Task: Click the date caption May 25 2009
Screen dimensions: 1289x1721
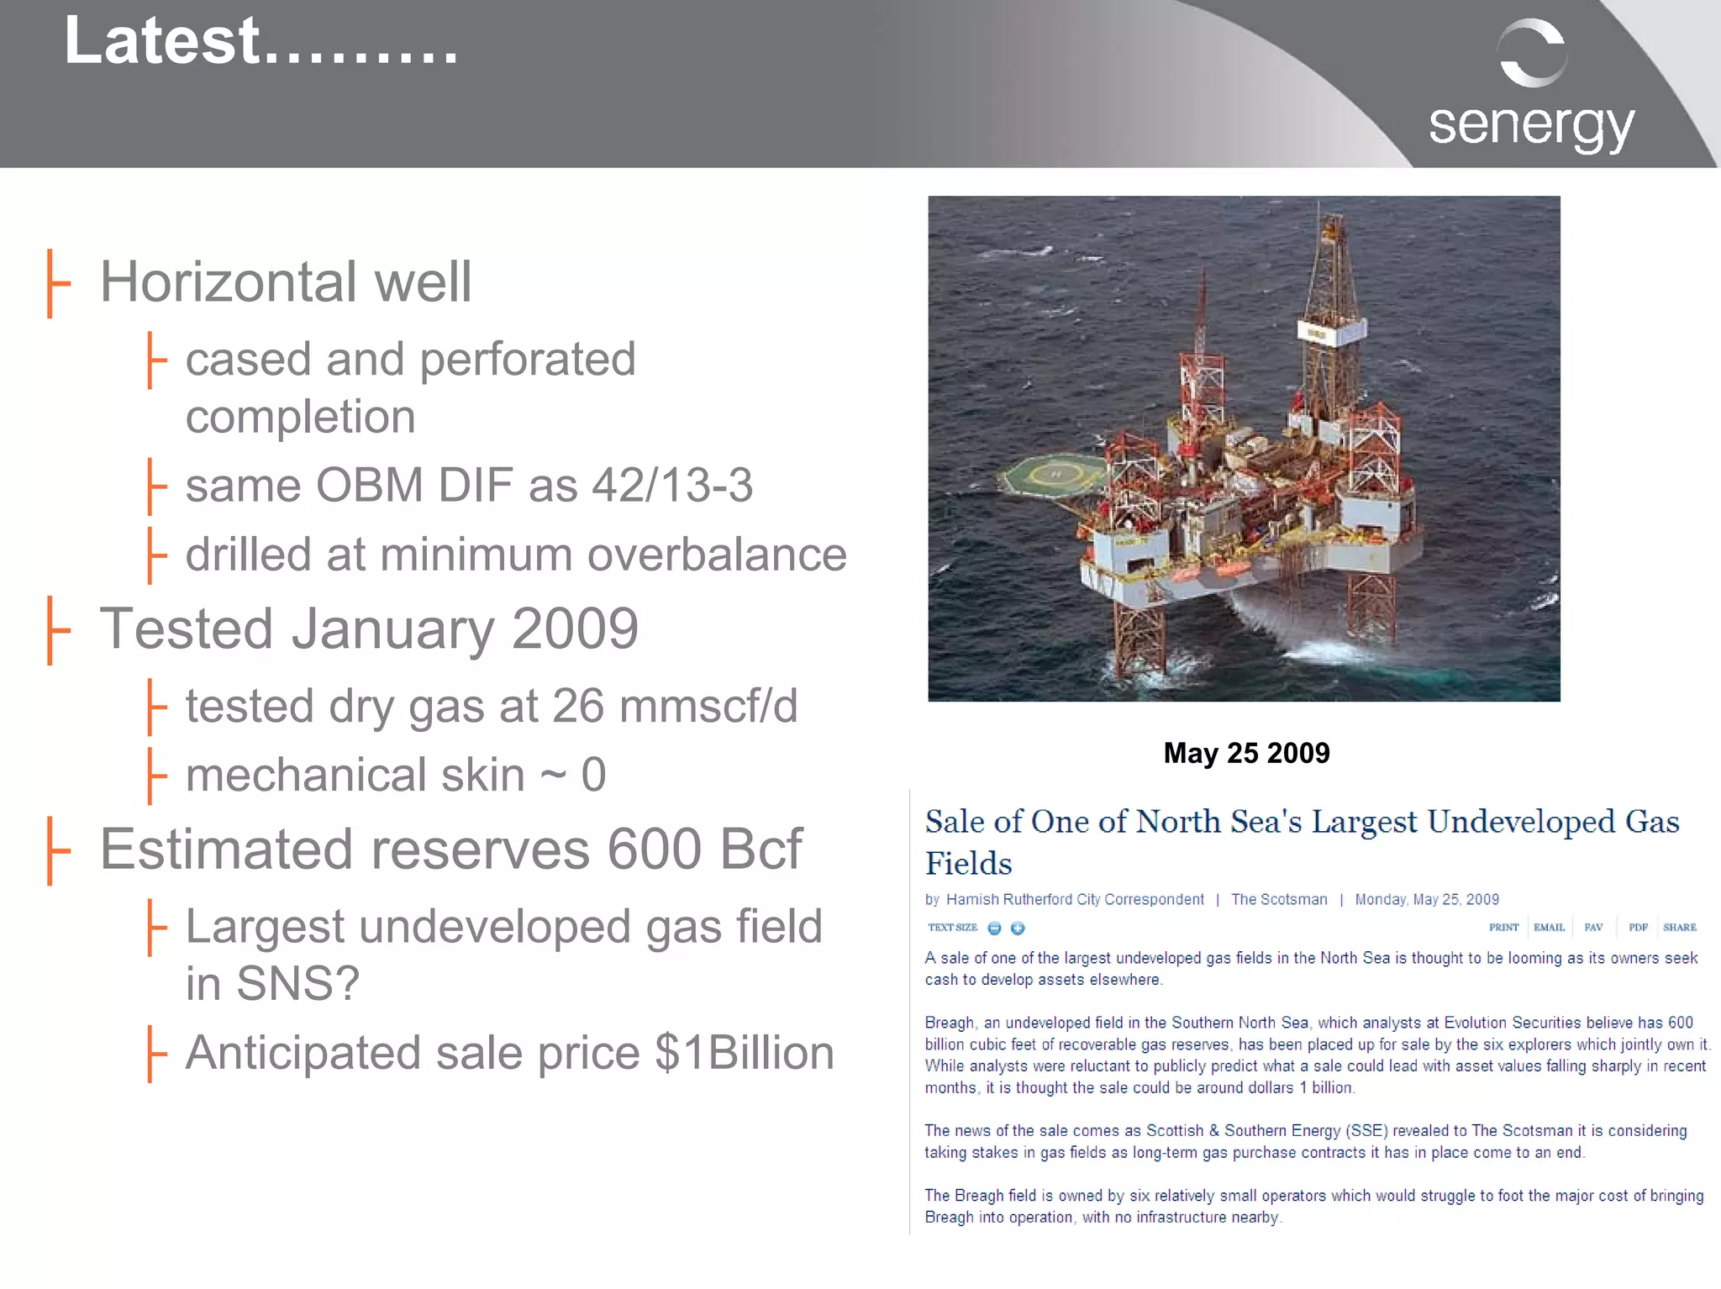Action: point(1245,753)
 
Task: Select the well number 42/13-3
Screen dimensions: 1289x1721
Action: point(672,486)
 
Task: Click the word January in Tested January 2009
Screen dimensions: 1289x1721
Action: point(392,629)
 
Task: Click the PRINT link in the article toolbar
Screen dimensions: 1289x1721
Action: point(1503,928)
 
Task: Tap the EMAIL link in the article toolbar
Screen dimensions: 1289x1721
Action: point(1549,928)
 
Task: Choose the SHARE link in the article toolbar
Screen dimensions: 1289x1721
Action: point(1679,928)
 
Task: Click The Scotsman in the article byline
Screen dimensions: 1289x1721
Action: point(1279,899)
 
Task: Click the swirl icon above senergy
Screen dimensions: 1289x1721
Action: point(1531,53)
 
